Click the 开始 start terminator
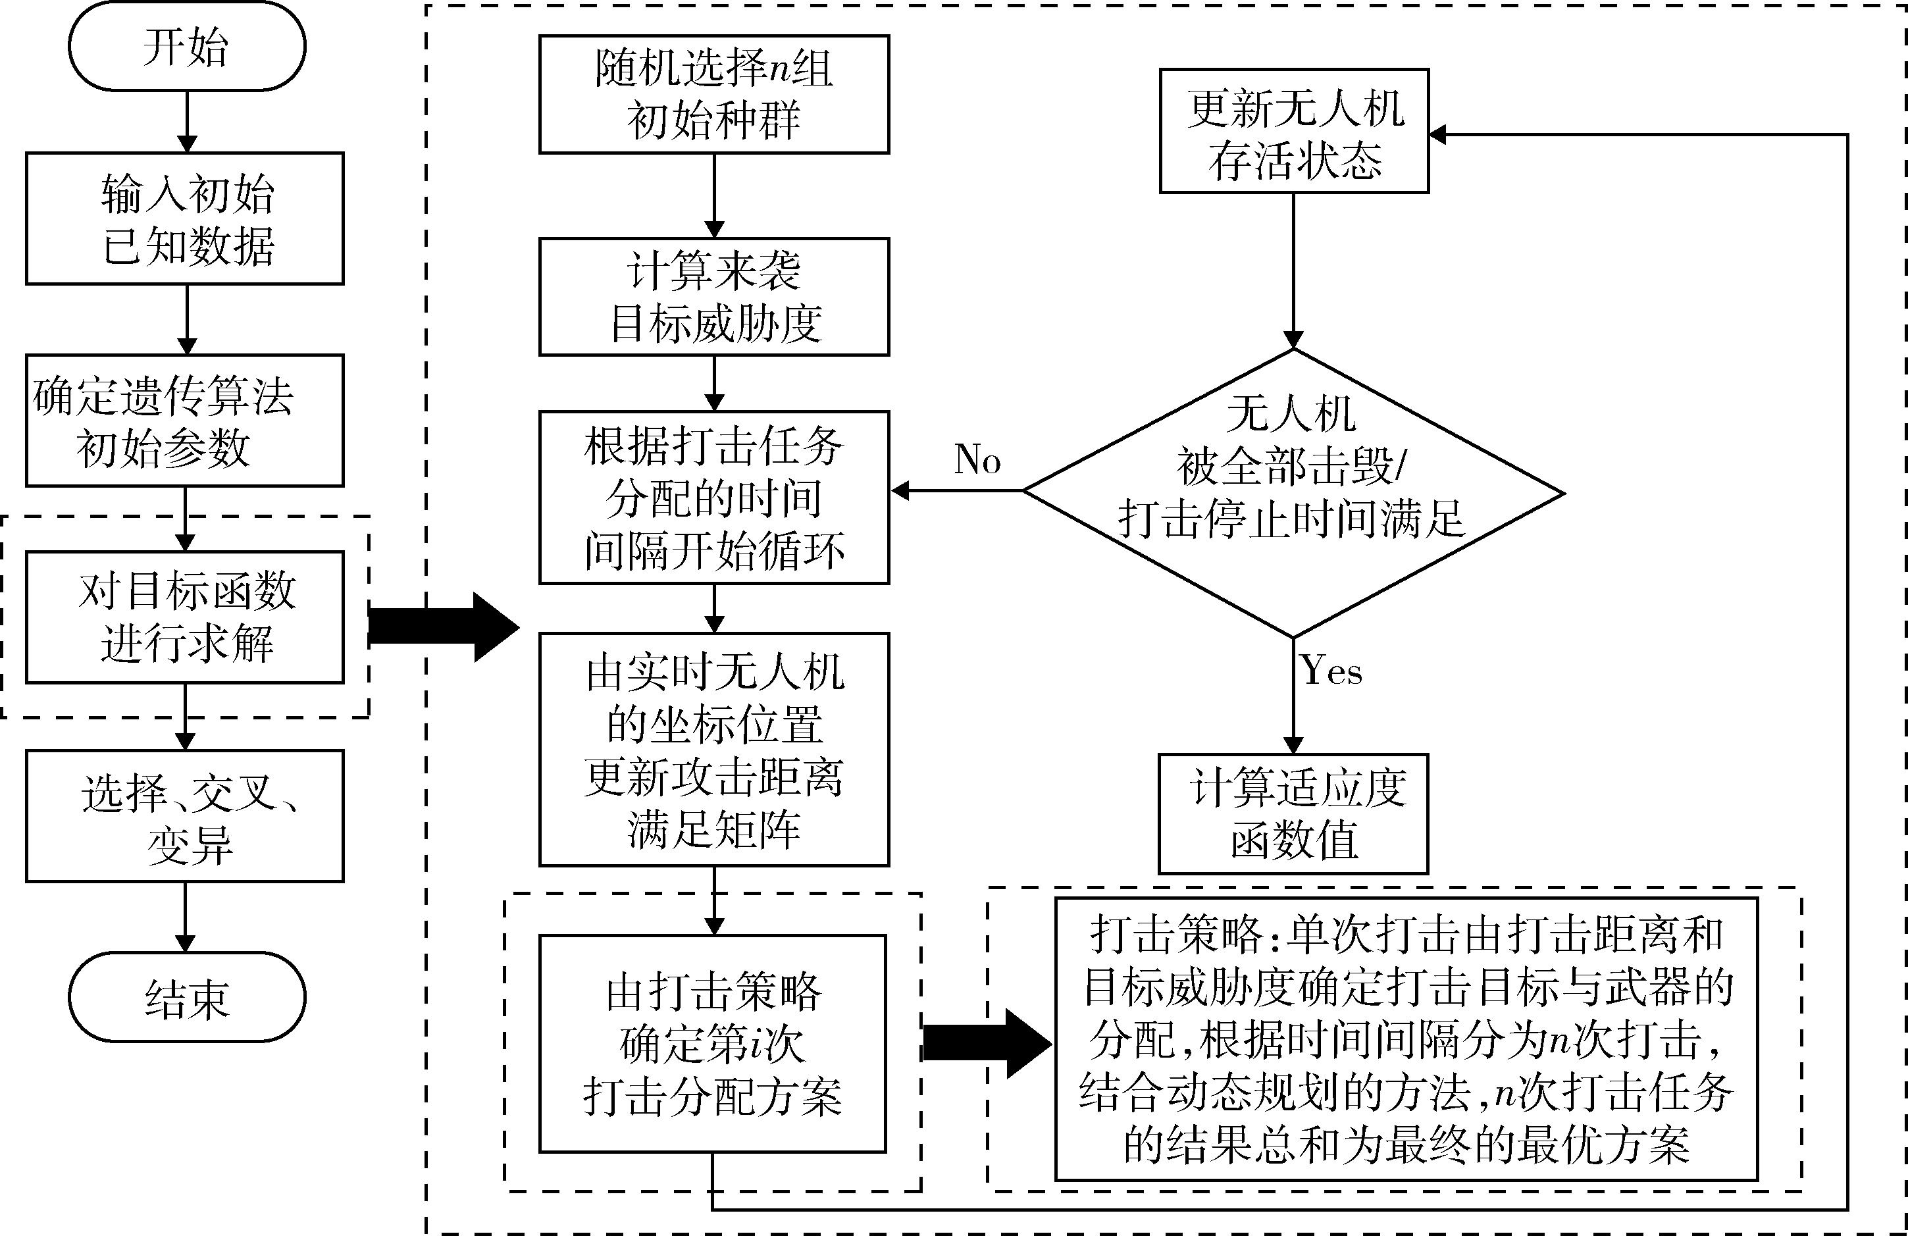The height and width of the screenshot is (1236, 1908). pos(187,47)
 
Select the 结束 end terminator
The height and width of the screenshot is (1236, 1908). pos(187,997)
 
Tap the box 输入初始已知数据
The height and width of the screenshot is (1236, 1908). pos(185,218)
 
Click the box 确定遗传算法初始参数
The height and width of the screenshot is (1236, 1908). pos(185,420)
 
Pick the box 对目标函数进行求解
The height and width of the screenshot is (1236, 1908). pos(185,617)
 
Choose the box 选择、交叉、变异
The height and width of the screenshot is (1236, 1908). pos(185,816)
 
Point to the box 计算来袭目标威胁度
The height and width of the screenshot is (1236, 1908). pos(713,297)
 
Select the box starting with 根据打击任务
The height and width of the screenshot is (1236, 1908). pos(713,497)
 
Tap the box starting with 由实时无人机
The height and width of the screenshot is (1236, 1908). pos(713,750)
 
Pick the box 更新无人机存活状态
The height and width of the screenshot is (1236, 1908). pos(1294,131)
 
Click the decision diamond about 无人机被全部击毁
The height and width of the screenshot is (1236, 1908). pos(1294,492)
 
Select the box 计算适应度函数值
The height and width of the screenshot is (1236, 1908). pos(1293,813)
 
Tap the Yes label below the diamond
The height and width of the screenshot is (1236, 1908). pos(1331,670)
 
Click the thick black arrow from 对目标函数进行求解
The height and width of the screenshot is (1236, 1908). pos(442,627)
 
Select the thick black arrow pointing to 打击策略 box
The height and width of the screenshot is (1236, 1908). pos(987,1043)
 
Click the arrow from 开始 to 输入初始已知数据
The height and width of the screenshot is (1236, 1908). pos(187,121)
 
